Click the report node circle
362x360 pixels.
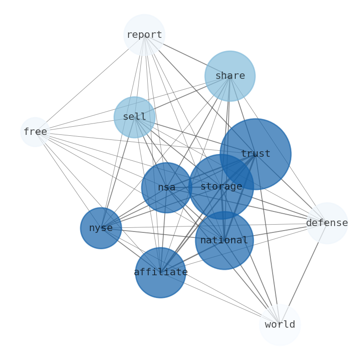pyautogui.click(x=144, y=35)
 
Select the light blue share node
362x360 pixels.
pyautogui.click(x=230, y=76)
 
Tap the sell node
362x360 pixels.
pyautogui.click(x=134, y=117)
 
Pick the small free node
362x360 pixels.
pyautogui.click(x=35, y=132)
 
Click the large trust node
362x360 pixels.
pyautogui.click(x=256, y=154)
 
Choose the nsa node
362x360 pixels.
pyautogui.click(x=167, y=188)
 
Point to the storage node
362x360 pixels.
pyautogui.click(x=221, y=187)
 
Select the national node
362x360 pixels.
pyautogui.click(x=224, y=241)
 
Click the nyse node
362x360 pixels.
pyautogui.click(x=101, y=228)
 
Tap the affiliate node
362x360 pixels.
pyautogui.click(x=160, y=273)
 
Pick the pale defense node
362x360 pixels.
pyautogui.click(x=327, y=223)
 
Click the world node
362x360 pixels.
pyautogui.click(x=280, y=325)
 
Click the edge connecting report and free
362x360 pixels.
pyautogui.click(x=90, y=83)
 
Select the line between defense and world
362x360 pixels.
pyautogui.click(x=303, y=274)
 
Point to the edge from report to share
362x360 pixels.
pyautogui.click(x=187, y=56)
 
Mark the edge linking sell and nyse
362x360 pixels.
pyautogui.click(x=118, y=173)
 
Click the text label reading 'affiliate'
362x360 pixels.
pyautogui.click(x=160, y=273)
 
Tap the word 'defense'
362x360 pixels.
pyautogui.click(x=327, y=223)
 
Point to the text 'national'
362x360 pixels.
pyautogui.click(x=224, y=240)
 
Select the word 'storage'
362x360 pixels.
pyautogui.click(x=221, y=187)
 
